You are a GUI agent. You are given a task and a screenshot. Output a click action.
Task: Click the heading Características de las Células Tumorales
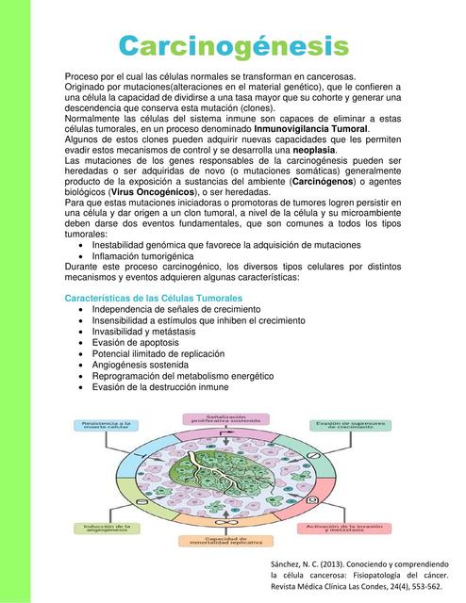click(x=154, y=298)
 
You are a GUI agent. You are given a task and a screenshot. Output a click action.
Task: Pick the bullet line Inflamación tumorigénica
click(x=142, y=255)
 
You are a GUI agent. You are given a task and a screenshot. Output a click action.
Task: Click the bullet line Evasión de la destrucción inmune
click(x=160, y=386)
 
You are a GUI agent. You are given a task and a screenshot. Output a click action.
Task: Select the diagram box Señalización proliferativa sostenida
click(x=226, y=418)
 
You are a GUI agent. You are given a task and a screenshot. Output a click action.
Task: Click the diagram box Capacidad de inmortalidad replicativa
click(x=226, y=540)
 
